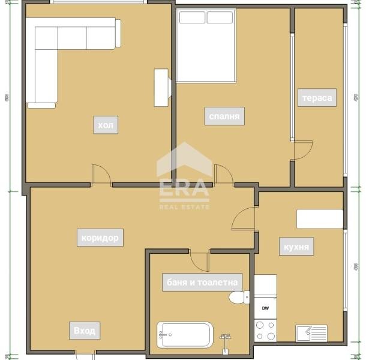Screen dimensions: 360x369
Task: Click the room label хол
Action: pos(106,125)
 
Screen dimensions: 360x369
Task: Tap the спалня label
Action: pos(224,116)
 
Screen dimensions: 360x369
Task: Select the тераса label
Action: pos(316,97)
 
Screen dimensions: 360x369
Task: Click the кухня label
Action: pos(296,247)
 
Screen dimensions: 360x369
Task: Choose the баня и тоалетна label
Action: pos(202,282)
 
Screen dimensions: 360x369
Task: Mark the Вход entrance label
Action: pos(84,331)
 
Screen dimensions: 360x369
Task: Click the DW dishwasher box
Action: pos(265,308)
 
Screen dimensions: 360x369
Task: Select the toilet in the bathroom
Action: pos(239,298)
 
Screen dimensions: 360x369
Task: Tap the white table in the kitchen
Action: pos(320,219)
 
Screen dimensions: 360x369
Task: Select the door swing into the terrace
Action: pos(304,149)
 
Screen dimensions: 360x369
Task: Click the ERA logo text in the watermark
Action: pos(184,187)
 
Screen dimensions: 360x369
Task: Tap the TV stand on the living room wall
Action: pos(162,88)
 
